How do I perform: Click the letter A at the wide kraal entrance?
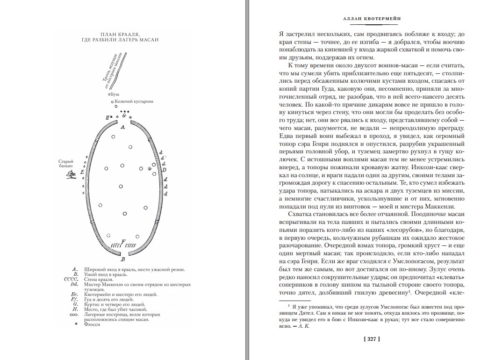[123, 127]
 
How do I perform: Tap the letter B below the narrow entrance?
[123, 258]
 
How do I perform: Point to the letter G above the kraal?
[124, 115]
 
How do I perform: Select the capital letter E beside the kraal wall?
[83, 172]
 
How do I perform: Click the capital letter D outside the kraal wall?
[164, 170]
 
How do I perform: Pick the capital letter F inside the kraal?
[123, 241]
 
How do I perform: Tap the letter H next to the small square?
[108, 117]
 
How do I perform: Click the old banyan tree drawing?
[72, 175]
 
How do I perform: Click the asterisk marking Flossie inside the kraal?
[150, 169]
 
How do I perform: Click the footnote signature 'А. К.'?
[304, 327]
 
